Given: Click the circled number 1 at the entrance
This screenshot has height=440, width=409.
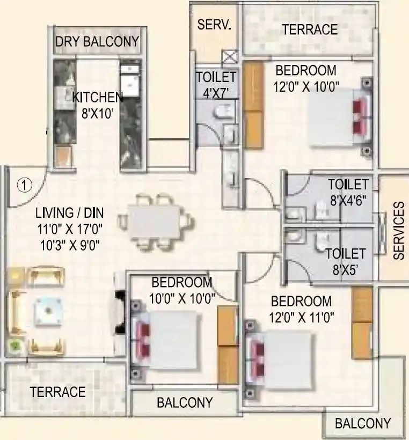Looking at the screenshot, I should pos(23,185).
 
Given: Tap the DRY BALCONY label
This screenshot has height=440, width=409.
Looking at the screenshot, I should pos(97,41).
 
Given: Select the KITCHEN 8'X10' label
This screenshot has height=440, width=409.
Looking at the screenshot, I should pos(98,104).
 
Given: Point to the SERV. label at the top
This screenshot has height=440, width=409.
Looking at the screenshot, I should pos(214,25).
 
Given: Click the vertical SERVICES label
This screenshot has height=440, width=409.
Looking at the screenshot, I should pos(398,231).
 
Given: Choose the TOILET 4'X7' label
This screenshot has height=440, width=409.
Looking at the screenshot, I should pos(216,83).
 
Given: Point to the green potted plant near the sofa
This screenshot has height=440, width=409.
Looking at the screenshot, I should pos(14,346).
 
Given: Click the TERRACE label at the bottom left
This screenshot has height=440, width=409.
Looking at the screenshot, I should pos(57,392).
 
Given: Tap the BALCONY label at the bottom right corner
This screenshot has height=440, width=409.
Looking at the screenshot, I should pos(363,423).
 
